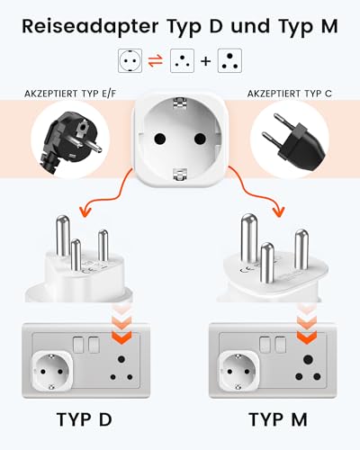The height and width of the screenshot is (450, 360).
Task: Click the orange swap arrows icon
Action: (156, 61)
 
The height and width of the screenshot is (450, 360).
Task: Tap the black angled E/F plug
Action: (67, 139)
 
